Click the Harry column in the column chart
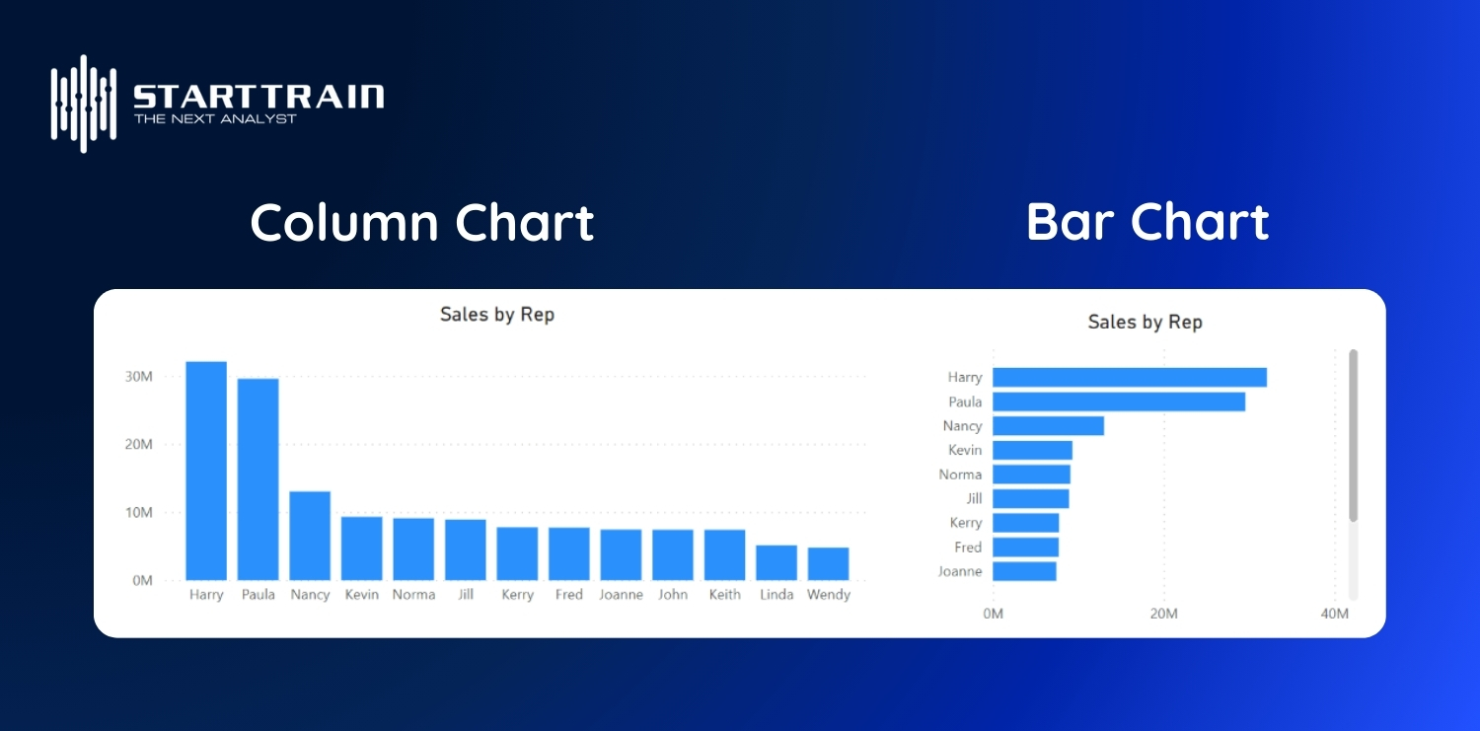click(x=206, y=471)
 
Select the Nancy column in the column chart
click(x=310, y=536)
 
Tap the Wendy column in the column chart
click(x=828, y=563)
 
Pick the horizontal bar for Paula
click(x=1118, y=402)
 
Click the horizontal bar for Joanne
click(x=1024, y=571)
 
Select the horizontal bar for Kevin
click(x=1032, y=450)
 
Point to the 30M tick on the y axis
click(x=138, y=376)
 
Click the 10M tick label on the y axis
click(x=138, y=512)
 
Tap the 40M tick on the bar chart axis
click(x=1334, y=614)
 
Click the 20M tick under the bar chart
click(x=1163, y=614)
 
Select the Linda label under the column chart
click(x=777, y=595)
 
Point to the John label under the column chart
click(x=673, y=595)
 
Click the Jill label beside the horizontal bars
click(x=974, y=498)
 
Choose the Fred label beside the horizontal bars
click(x=968, y=547)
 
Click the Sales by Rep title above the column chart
click(x=497, y=315)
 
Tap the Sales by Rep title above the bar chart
click(x=1145, y=322)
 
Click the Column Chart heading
click(x=422, y=223)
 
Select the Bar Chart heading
click(x=1147, y=222)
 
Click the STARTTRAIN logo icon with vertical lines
click(x=84, y=103)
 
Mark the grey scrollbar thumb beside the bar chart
click(x=1353, y=434)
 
